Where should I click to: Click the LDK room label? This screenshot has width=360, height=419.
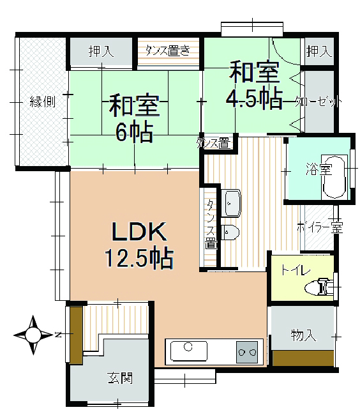(x=139, y=231)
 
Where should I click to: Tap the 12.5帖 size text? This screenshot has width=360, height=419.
(x=139, y=259)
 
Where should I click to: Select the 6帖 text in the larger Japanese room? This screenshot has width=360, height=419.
(x=134, y=132)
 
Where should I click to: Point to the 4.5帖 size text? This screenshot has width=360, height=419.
(x=254, y=99)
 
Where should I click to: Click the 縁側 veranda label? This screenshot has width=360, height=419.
(x=43, y=102)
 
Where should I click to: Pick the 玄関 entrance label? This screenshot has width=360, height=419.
(x=120, y=378)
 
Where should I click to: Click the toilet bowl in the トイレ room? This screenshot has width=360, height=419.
(x=319, y=287)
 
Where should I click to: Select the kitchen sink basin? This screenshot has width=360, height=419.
(x=188, y=351)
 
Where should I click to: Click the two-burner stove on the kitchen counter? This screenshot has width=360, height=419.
(x=247, y=352)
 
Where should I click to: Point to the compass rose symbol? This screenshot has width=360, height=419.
(x=33, y=335)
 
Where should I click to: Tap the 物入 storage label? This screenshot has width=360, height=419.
(x=303, y=335)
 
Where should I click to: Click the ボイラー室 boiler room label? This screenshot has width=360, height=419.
(x=319, y=228)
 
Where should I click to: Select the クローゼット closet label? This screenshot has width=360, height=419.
(x=318, y=102)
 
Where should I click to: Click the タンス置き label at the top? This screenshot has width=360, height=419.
(x=168, y=50)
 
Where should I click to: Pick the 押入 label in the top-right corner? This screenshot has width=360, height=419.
(x=319, y=51)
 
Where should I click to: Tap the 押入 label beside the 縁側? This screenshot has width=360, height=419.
(x=101, y=51)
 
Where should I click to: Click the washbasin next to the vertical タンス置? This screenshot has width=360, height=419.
(x=232, y=203)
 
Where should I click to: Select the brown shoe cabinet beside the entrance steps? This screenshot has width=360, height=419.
(x=76, y=335)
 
